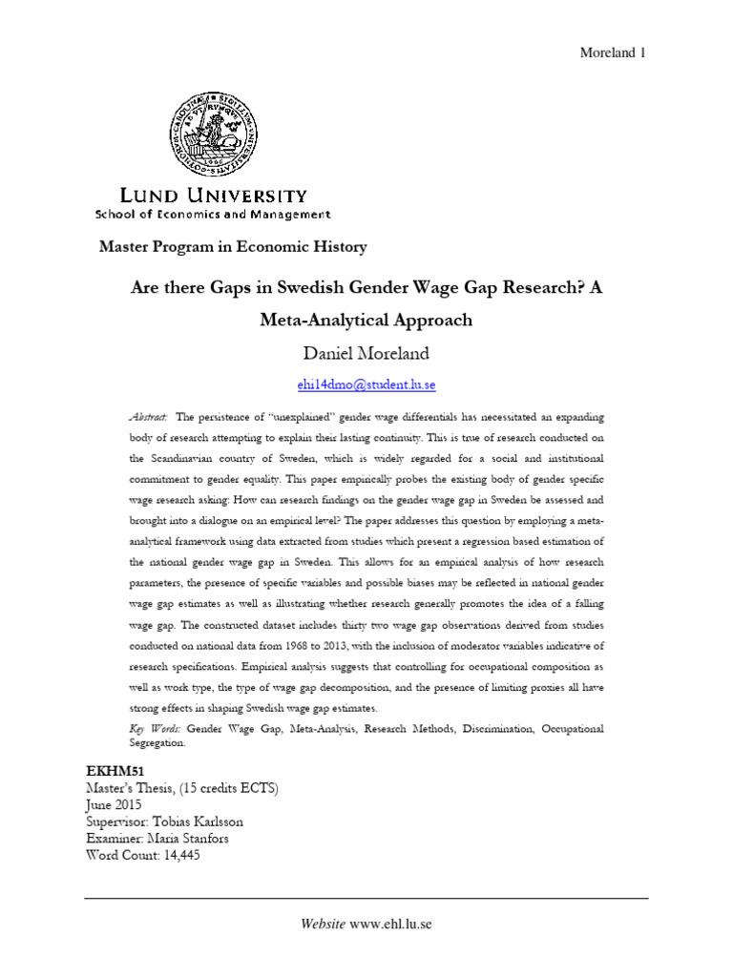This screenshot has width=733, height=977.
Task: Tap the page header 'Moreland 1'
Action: tap(614, 52)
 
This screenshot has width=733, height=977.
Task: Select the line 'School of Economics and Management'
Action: tap(212, 215)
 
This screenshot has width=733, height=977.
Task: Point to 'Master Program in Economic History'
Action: tap(233, 247)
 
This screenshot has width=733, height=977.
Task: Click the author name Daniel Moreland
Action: tap(366, 354)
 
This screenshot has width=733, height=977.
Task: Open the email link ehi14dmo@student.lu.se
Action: tap(366, 385)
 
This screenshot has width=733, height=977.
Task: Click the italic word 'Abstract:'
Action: tap(148, 418)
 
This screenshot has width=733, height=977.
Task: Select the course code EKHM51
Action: tap(113, 768)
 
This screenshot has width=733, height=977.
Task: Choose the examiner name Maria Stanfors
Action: tap(194, 839)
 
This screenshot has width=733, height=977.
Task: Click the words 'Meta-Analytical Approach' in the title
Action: tap(366, 320)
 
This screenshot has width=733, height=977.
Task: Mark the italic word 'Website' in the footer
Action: tap(322, 924)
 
